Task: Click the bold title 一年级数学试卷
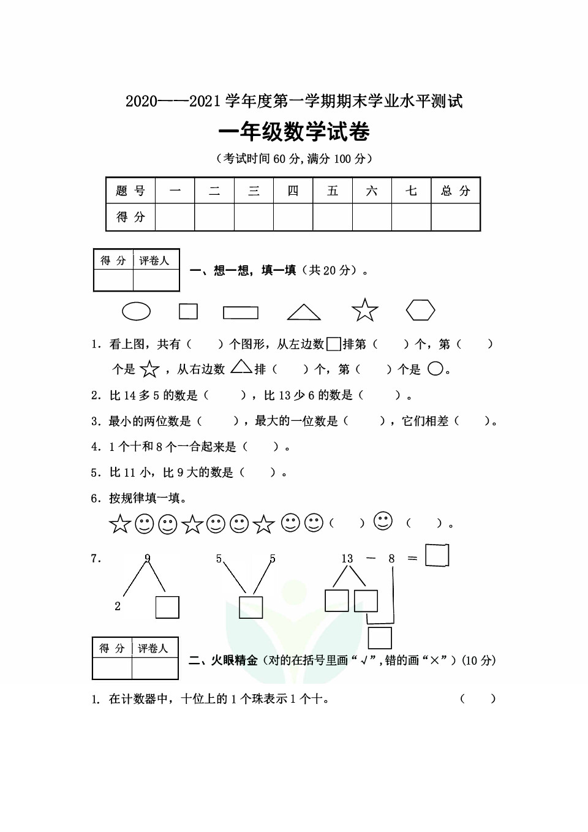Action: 294,132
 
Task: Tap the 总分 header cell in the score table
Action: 455,191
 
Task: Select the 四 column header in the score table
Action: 293,191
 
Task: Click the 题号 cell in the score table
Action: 130,191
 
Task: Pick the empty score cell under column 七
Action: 411,217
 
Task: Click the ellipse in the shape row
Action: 136,311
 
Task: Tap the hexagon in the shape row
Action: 420,310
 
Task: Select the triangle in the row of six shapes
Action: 304,312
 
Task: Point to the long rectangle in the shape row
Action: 241,312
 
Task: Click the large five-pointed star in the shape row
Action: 365,311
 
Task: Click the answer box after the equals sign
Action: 437,555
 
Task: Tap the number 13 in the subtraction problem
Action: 347,558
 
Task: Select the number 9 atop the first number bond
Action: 148,558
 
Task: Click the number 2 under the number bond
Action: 118,606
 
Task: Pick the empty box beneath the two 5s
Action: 251,607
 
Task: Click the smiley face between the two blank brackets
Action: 383,521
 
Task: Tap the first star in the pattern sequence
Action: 119,524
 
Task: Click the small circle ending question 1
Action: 435,369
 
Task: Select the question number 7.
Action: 96,558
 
